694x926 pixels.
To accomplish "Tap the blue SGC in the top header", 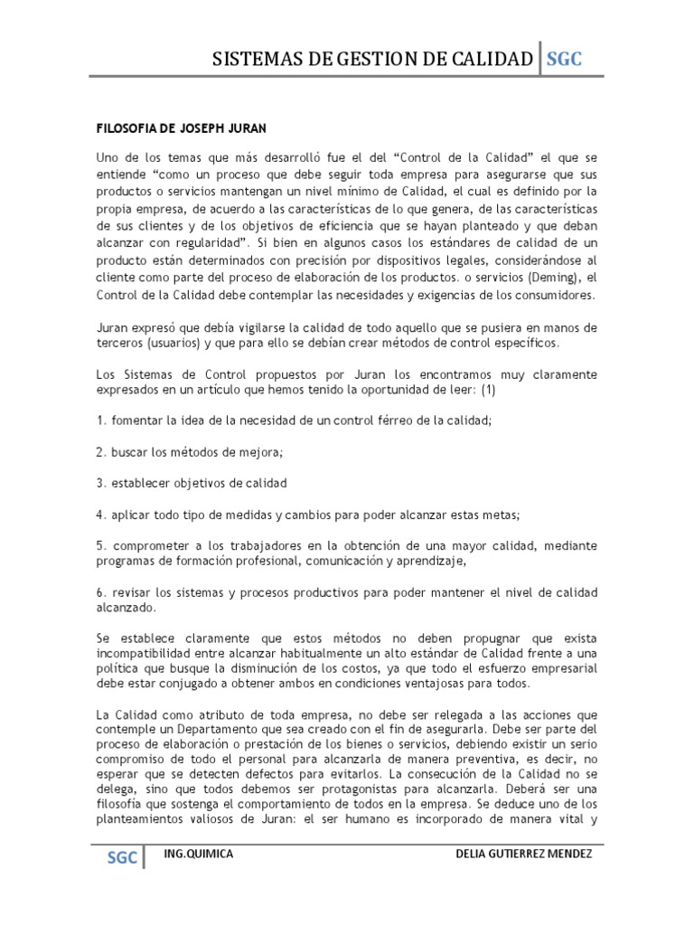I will pos(564,60).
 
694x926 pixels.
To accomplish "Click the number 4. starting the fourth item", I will pos(101,515).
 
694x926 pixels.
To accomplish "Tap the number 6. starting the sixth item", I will pos(101,591).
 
